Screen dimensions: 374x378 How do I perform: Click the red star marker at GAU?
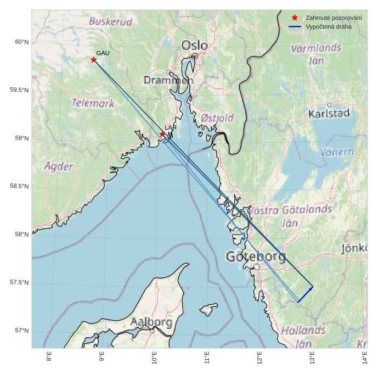pyautogui.click(x=94, y=60)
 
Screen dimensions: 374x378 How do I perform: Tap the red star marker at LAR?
pyautogui.click(x=162, y=134)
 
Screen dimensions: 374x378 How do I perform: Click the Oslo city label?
pyautogui.click(x=194, y=45)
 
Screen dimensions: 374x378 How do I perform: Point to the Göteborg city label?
pyautogui.click(x=256, y=256)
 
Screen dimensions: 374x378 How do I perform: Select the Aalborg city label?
pyautogui.click(x=151, y=322)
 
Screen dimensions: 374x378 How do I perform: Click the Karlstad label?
pyautogui.click(x=329, y=114)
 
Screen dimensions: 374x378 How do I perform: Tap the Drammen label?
pyautogui.click(x=168, y=80)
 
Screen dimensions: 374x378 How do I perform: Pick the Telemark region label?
pyautogui.click(x=93, y=103)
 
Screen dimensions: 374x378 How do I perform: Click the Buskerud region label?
pyautogui.click(x=110, y=22)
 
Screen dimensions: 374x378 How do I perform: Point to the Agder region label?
pyautogui.click(x=59, y=166)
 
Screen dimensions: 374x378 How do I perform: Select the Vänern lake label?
pyautogui.click(x=337, y=152)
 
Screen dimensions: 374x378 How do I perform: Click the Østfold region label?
pyautogui.click(x=217, y=118)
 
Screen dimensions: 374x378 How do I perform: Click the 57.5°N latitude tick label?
pyautogui.click(x=19, y=283)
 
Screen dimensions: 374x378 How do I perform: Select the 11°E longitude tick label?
pyautogui.click(x=207, y=358)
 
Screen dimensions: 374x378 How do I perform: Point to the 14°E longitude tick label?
pyautogui.click(x=365, y=358)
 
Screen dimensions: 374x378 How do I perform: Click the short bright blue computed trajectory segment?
pyautogui.click(x=306, y=294)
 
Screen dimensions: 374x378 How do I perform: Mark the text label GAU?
pyautogui.click(x=103, y=53)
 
